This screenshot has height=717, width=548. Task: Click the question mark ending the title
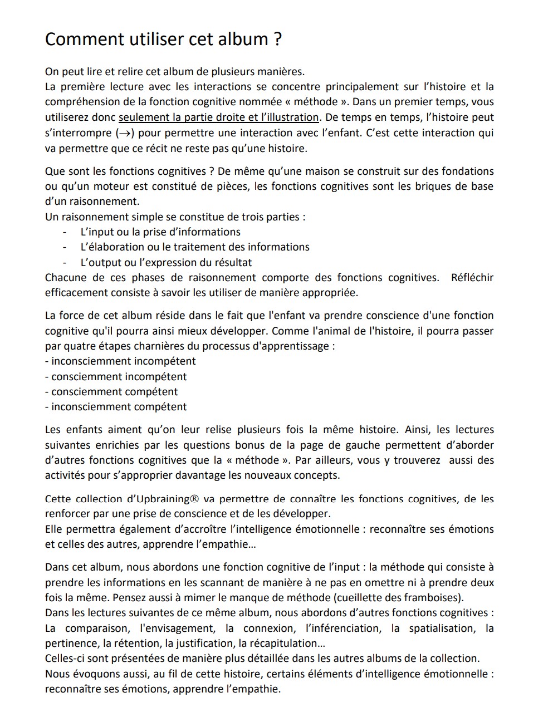point(277,39)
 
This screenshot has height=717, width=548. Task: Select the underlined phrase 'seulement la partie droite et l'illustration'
point(219,117)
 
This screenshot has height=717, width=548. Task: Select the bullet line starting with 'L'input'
point(160,232)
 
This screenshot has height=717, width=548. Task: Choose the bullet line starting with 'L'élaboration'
point(195,247)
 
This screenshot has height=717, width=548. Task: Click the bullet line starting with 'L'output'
point(166,262)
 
